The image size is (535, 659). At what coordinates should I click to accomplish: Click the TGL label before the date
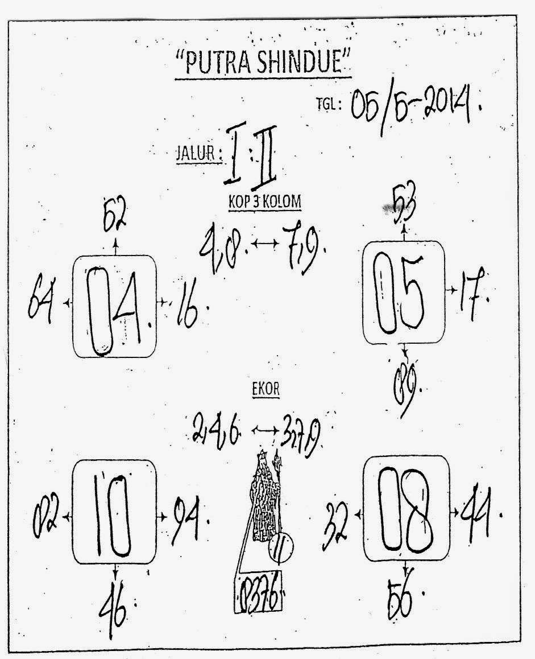click(x=328, y=104)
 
